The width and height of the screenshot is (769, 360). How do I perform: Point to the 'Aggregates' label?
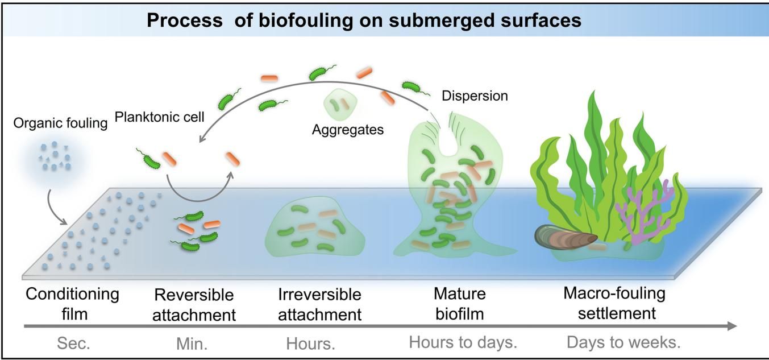coord(348,130)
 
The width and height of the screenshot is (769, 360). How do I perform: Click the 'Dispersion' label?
coord(475,96)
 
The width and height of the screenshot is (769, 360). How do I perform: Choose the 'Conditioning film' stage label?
coord(73,304)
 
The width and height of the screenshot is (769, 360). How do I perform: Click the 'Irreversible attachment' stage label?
coord(320,304)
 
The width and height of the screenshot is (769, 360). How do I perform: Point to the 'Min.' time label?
coord(193,344)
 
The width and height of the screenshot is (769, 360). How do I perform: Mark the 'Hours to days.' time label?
coord(463,343)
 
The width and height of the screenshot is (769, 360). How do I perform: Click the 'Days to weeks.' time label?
coord(623,343)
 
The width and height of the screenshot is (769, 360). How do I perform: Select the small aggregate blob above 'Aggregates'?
coord(340,106)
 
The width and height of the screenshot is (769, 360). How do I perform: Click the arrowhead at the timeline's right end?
coord(732,326)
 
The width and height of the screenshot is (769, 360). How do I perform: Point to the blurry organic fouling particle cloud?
coord(55,156)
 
